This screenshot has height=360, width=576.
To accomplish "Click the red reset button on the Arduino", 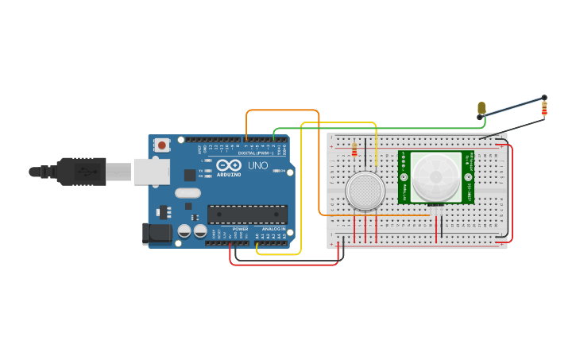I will point(162,145).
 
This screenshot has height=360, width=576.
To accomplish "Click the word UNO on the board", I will point(258,166).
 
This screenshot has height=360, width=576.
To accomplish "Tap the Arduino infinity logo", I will point(227,165).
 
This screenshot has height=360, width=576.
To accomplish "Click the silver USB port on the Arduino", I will point(150,171).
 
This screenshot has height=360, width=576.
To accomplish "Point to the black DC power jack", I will point(157,233).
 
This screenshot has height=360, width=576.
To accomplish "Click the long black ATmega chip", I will point(247,214).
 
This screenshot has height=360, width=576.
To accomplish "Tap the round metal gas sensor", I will point(365,191).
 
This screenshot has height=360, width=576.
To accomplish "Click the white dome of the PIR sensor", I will point(435,176).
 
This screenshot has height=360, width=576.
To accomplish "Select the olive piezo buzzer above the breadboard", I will point(481,108).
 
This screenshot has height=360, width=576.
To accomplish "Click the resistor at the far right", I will point(544,107).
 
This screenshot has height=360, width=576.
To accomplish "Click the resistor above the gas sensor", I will point(354,149).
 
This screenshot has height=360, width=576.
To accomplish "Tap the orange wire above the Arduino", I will point(282,110).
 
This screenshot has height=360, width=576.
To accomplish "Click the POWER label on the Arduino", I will point(240,229).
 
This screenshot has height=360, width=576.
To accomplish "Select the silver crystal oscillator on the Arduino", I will point(187,192).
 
